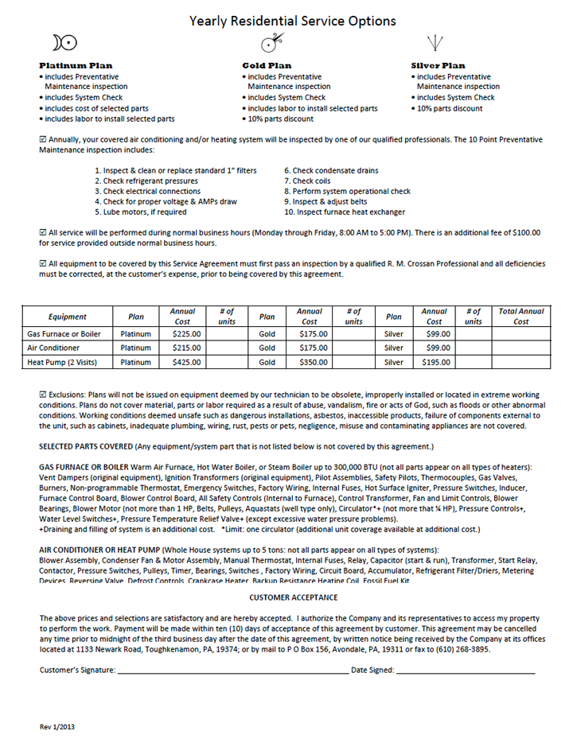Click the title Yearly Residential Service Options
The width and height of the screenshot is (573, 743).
coord(292,21)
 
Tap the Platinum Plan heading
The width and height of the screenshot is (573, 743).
coord(76,65)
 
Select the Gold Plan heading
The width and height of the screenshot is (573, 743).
coord(267,65)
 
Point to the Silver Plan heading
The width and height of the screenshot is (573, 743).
coord(438,65)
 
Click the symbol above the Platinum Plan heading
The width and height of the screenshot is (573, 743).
coord(64,42)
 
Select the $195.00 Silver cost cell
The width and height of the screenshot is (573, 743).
coord(434,362)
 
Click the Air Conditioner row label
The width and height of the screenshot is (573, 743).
coord(53,348)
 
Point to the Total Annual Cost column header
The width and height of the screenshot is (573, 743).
coord(520,316)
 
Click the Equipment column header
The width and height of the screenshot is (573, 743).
coord(67,317)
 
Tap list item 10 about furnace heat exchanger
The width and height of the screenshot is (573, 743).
coord(344,212)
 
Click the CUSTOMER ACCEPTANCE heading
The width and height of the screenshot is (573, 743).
coord(293,597)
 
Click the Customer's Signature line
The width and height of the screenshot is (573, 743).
coord(232,671)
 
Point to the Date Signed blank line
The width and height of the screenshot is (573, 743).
coord(466,671)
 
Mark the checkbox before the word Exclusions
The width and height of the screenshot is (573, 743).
coord(43,394)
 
